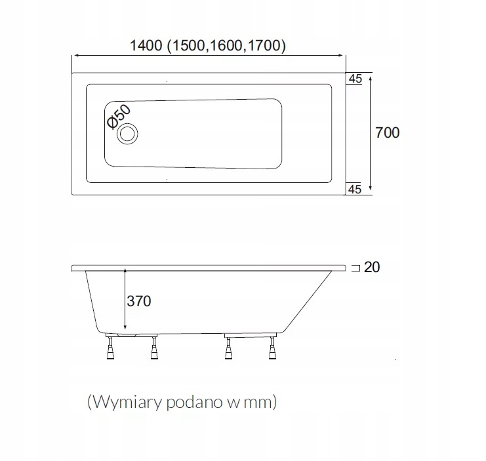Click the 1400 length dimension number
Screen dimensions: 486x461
(x=146, y=47)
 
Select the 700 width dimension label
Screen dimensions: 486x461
(x=387, y=132)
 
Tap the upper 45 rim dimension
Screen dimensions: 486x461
(x=355, y=79)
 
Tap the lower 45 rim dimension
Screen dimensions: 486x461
(x=355, y=190)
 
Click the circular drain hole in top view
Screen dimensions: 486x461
(x=127, y=134)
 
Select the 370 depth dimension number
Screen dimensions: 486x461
(x=138, y=301)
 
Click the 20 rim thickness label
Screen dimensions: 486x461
(x=372, y=268)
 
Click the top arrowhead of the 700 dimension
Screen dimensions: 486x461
(x=372, y=77)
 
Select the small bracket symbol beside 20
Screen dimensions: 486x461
(x=355, y=268)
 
